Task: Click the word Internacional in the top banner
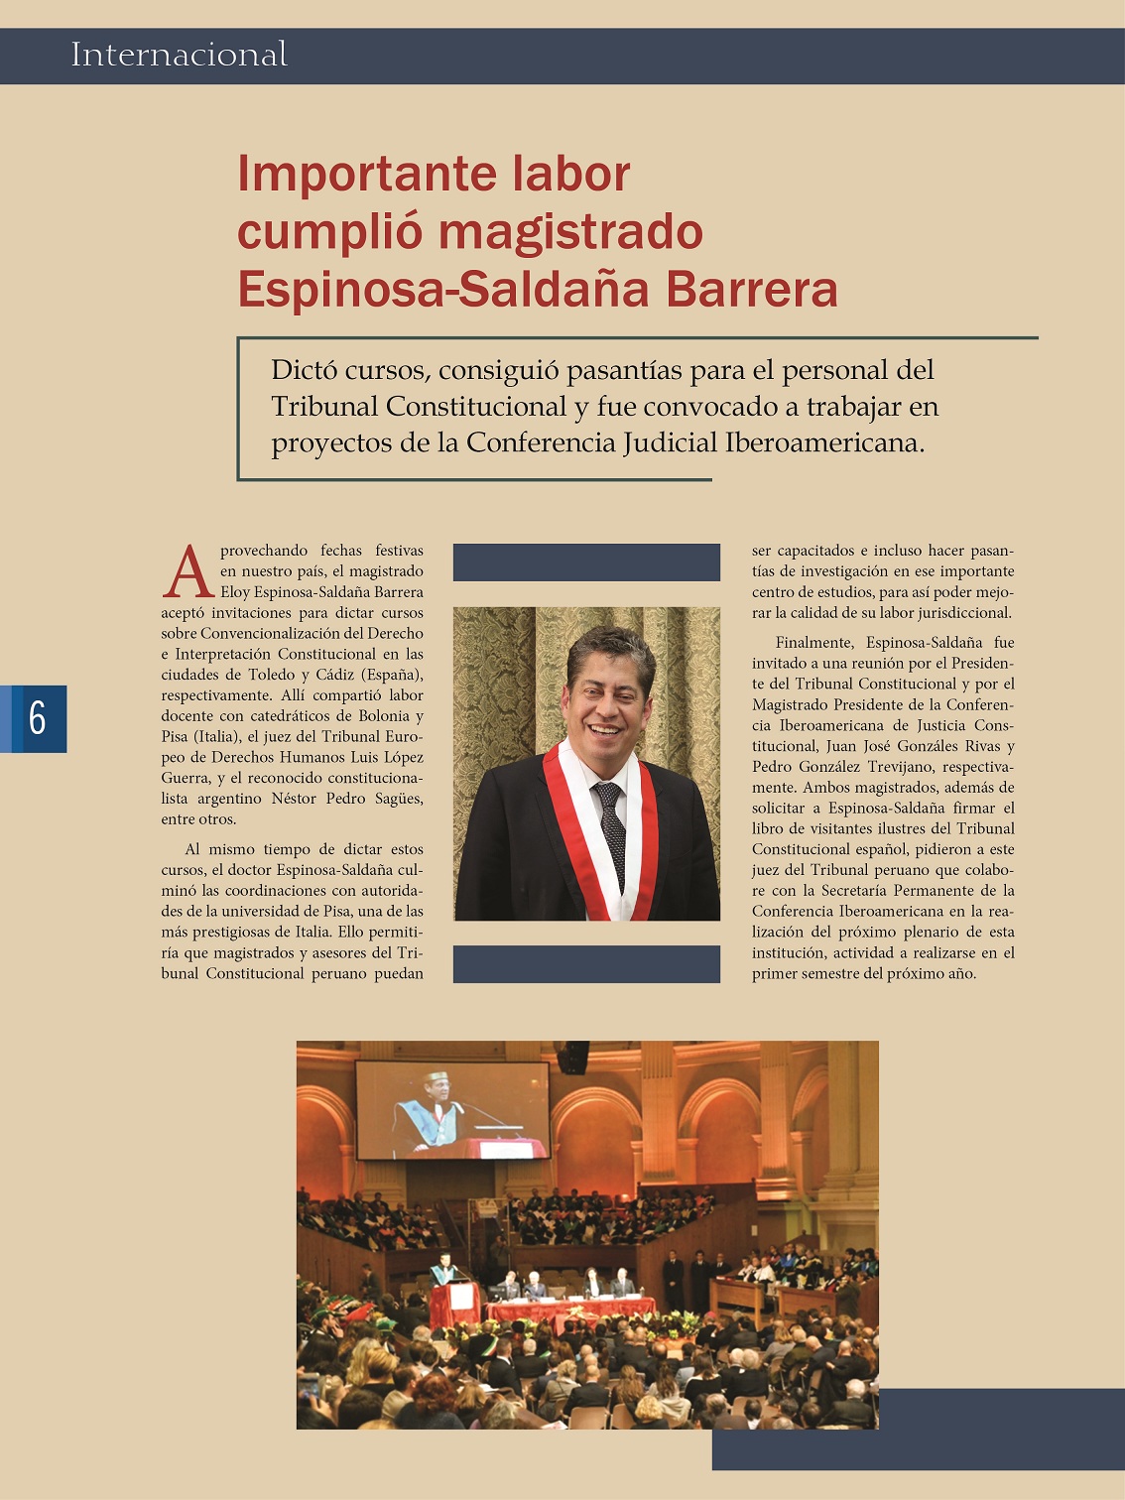(179, 55)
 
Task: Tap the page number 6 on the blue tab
(38, 717)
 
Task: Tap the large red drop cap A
(187, 573)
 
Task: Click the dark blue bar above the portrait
(586, 562)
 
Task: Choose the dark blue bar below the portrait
(586, 964)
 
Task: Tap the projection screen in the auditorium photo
(451, 1109)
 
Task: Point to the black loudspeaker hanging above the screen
(572, 1057)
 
